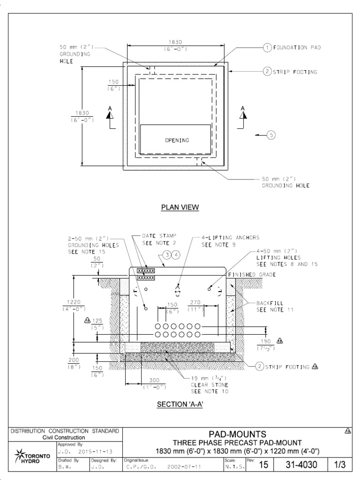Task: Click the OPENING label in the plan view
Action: (x=176, y=140)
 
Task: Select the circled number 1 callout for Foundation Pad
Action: (x=267, y=47)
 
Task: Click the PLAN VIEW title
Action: (x=180, y=208)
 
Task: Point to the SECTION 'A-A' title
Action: (x=180, y=405)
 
